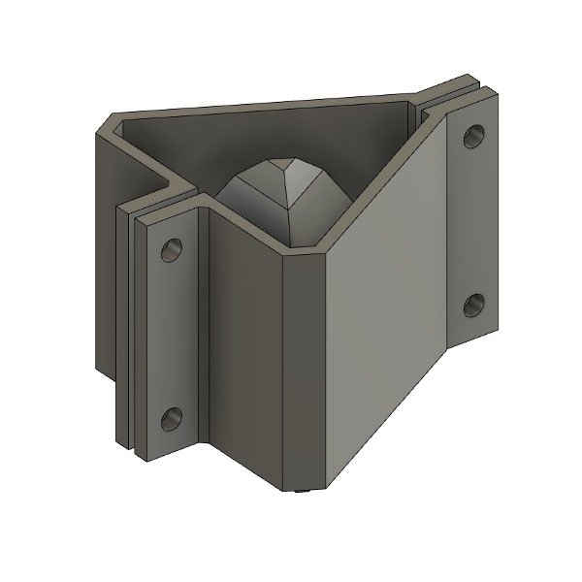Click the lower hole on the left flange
tap(172, 419)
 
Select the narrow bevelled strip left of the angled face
tap(302, 369)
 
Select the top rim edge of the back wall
tap(272, 105)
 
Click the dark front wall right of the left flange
tap(242, 339)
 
